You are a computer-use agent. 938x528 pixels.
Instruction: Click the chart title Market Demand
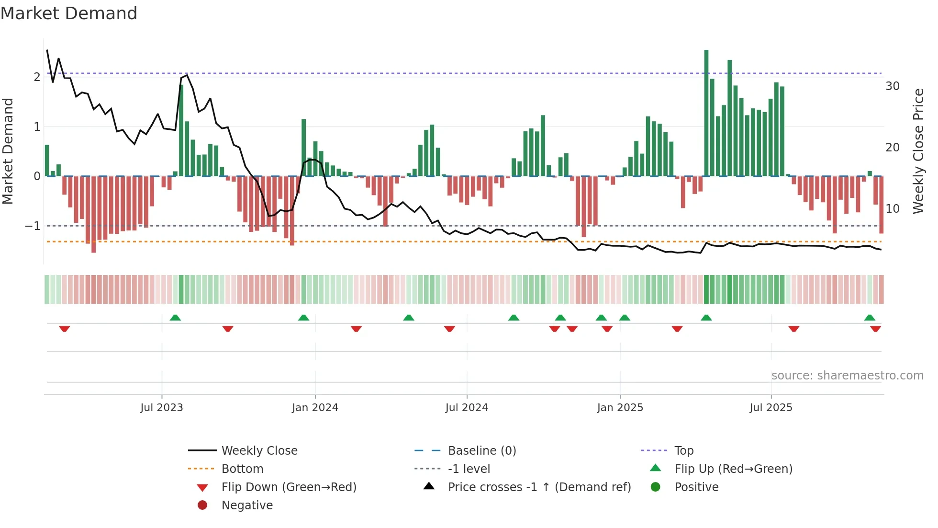[x=69, y=13]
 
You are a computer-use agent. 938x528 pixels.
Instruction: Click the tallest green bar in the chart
[x=706, y=113]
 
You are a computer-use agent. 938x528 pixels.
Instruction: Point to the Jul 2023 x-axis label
[x=162, y=407]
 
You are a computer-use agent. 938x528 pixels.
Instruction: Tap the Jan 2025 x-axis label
[x=620, y=407]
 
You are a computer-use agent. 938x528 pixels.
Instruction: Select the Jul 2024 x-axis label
[x=467, y=407]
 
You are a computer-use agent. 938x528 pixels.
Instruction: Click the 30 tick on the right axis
[x=893, y=86]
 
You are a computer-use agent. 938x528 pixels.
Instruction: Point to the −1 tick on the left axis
[x=33, y=226]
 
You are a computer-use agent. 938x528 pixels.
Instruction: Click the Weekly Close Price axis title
[x=918, y=151]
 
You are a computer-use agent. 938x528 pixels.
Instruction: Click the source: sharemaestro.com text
[x=847, y=375]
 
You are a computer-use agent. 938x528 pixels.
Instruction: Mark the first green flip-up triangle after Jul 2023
[x=175, y=318]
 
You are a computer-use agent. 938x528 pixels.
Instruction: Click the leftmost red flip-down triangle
[x=65, y=329]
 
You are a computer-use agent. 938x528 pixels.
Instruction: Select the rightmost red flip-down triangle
[x=876, y=329]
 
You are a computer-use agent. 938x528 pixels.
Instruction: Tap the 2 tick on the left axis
[x=37, y=77]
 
